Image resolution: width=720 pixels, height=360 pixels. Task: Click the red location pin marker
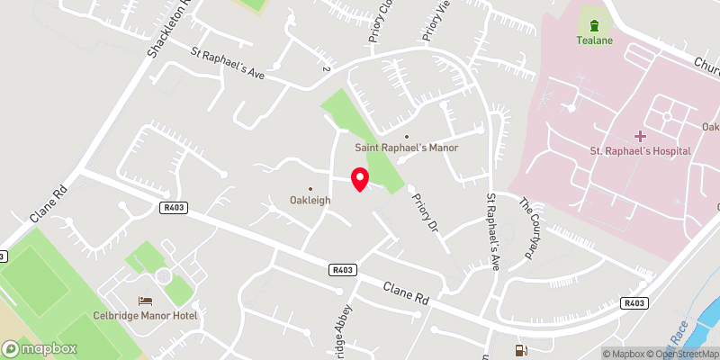pos(359,178)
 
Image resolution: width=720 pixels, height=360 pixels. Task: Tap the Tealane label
pos(593,40)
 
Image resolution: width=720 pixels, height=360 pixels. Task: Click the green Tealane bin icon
pos(593,22)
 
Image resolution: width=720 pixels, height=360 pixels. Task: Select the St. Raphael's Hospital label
pos(640,150)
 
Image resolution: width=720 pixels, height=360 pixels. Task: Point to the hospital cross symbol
pos(640,136)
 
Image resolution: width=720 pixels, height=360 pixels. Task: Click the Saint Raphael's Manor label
pos(406,148)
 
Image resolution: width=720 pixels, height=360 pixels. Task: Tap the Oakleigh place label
pos(310,200)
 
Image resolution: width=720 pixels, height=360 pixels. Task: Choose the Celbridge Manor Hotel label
pos(144,315)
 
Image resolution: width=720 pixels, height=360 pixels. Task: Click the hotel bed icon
pos(144,301)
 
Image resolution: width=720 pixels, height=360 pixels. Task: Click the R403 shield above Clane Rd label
pos(343,268)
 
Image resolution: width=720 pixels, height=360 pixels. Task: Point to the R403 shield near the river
pos(634,304)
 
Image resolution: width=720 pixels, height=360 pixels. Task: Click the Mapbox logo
pos(40,348)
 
